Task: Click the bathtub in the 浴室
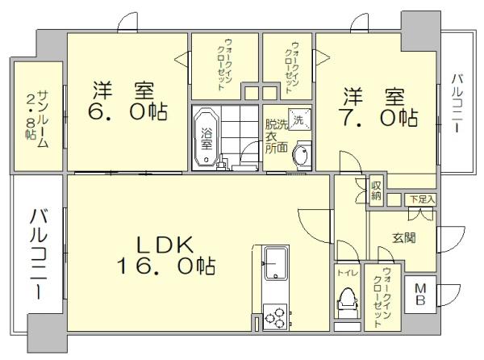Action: click(x=205, y=138)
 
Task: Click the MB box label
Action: click(x=420, y=294)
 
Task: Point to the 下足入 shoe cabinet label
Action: click(x=421, y=199)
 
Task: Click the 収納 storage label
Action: click(x=376, y=190)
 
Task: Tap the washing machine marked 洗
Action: click(x=298, y=120)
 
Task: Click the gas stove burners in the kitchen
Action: click(x=274, y=316)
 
